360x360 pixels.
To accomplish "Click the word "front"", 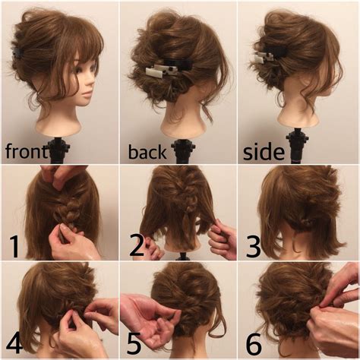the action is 27,151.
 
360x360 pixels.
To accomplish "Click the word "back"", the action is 147,152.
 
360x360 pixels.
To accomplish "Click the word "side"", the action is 264,152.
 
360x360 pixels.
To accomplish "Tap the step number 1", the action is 14,245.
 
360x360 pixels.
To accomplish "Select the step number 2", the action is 137,245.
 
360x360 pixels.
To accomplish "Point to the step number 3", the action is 254,245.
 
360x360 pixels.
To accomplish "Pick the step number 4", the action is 14,343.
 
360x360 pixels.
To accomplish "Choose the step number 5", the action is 134,343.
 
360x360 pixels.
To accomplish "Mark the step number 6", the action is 254,343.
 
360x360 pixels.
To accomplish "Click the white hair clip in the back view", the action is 159,71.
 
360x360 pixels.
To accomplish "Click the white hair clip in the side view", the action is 264,57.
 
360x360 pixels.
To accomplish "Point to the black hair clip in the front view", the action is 18,54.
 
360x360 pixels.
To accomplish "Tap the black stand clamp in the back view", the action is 184,151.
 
